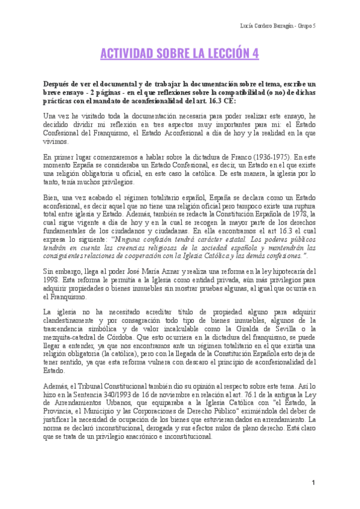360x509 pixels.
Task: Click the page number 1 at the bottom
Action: tap(313, 484)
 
